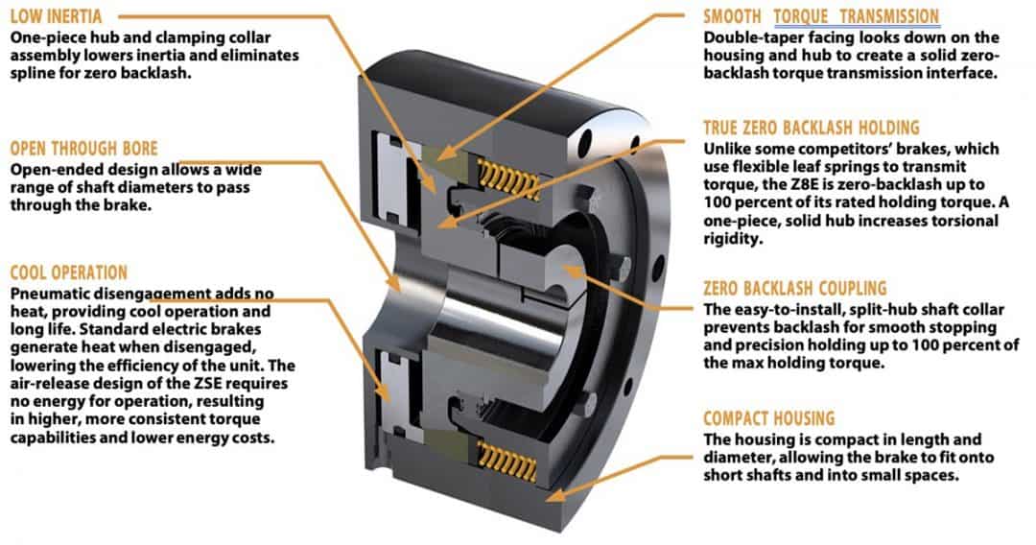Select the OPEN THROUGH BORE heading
tap(83, 149)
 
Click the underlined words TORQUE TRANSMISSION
tap(856, 17)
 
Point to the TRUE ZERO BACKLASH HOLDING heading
tap(811, 128)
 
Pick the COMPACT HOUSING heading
tap(768, 418)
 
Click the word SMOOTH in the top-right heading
tap(734, 17)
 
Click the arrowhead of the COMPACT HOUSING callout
tap(551, 495)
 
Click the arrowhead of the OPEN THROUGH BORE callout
tap(400, 285)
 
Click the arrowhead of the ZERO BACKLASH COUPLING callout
tap(563, 272)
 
